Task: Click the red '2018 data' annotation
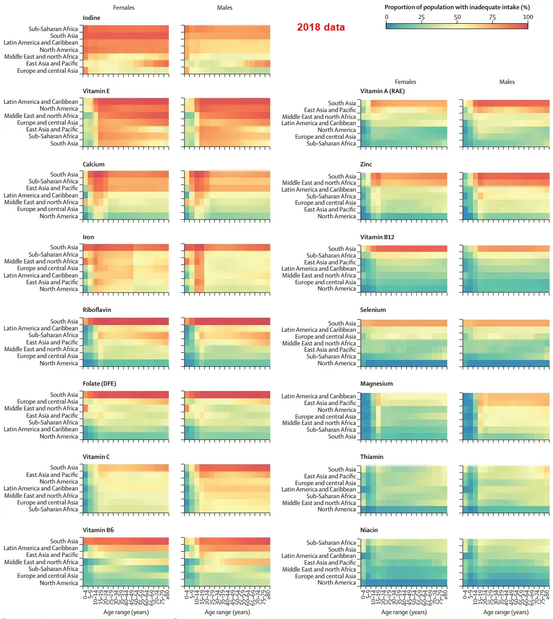[x=321, y=27]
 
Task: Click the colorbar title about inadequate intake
[x=457, y=7]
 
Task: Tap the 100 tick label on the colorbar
[x=528, y=17]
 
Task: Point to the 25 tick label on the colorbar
[x=421, y=17]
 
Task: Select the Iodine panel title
[x=91, y=18]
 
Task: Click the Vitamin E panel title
[x=96, y=91]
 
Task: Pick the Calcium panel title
[x=94, y=164]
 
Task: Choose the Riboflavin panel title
[x=97, y=310]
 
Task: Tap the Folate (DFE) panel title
[x=99, y=384]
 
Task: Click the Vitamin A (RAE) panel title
[x=382, y=91]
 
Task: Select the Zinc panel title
[x=366, y=164]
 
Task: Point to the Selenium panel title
[x=373, y=310]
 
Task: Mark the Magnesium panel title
[x=376, y=384]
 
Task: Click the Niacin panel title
[x=369, y=530]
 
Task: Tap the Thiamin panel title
[x=372, y=457]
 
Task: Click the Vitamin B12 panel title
[x=377, y=237]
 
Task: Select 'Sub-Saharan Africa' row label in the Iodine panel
[x=53, y=29]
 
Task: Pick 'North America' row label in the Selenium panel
[x=337, y=363]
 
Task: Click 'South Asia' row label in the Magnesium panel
[x=342, y=437]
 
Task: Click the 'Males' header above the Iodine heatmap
[x=225, y=8]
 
